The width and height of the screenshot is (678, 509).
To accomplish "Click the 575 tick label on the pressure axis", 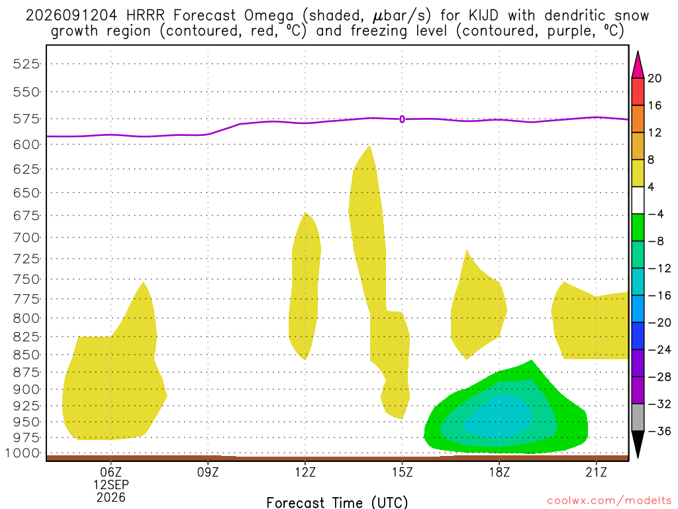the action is [26, 119].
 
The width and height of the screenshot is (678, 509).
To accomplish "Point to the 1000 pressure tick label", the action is [23, 453].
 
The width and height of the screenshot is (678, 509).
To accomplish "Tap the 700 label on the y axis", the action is [26, 238].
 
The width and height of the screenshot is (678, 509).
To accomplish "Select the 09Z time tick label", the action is [208, 472].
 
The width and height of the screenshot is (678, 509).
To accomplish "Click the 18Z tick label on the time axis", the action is [499, 472].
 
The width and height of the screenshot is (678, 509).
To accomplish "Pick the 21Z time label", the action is [597, 472].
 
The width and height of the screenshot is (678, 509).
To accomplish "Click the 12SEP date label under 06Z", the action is [111, 484].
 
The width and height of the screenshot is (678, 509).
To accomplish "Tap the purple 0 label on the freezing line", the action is [402, 119].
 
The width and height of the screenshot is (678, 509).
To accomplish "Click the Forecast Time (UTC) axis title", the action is [337, 502].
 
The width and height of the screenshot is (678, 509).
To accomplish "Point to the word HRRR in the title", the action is [146, 16].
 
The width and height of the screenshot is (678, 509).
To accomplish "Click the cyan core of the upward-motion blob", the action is [497, 416].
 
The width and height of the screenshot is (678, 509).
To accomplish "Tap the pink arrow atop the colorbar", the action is [638, 65].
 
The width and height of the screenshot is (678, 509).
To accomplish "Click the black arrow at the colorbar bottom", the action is [638, 443].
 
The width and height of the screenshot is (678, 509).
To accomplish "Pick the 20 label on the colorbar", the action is [655, 78].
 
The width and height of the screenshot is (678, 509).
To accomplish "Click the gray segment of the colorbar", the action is [638, 418].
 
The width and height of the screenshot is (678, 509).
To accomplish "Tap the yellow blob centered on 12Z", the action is [305, 286].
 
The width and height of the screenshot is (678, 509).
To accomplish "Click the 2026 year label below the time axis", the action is [111, 497].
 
